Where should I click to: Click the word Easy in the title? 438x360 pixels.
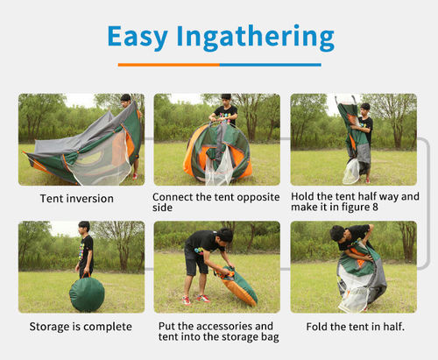click(x=138, y=37)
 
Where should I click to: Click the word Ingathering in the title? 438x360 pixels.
click(x=256, y=37)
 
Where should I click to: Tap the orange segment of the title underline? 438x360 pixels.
click(x=169, y=65)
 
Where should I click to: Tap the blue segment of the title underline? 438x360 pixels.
click(x=271, y=65)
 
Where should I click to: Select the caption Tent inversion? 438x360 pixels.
click(x=77, y=199)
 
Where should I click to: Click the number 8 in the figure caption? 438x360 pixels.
click(x=375, y=208)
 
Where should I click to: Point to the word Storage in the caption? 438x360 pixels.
click(x=50, y=327)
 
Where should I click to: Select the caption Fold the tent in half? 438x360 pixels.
click(x=356, y=327)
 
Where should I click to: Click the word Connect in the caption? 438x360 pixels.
click(x=173, y=197)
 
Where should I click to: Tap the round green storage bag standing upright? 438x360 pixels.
click(x=87, y=294)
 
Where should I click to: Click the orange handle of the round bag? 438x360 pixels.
click(x=86, y=275)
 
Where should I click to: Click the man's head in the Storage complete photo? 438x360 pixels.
click(x=84, y=227)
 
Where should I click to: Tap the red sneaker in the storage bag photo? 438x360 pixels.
click(x=203, y=299)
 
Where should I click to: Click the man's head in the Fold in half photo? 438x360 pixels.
click(x=337, y=234)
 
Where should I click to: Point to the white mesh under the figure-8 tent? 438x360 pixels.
click(x=351, y=172)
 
